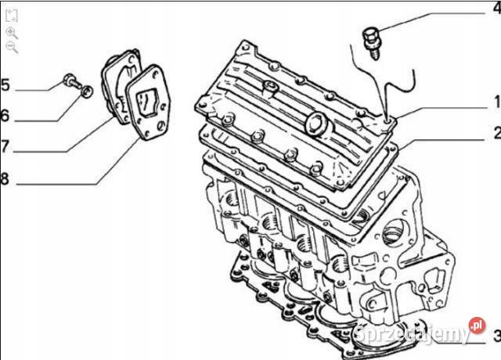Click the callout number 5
(x=5, y=85)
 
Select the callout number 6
(x=5, y=116)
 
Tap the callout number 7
(x=5, y=146)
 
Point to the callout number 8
(x=5, y=178)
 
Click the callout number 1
(x=497, y=102)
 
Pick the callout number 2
(x=497, y=132)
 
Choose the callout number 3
(x=497, y=336)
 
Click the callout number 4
(x=497, y=8)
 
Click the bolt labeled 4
(x=372, y=43)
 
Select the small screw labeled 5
(x=72, y=81)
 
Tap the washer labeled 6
(x=87, y=92)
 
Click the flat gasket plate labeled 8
(x=148, y=103)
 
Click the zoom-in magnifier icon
(x=12, y=33)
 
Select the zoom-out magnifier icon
(x=12, y=48)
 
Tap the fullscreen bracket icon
(x=12, y=16)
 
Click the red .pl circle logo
(x=477, y=326)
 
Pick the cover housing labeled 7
(x=121, y=86)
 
